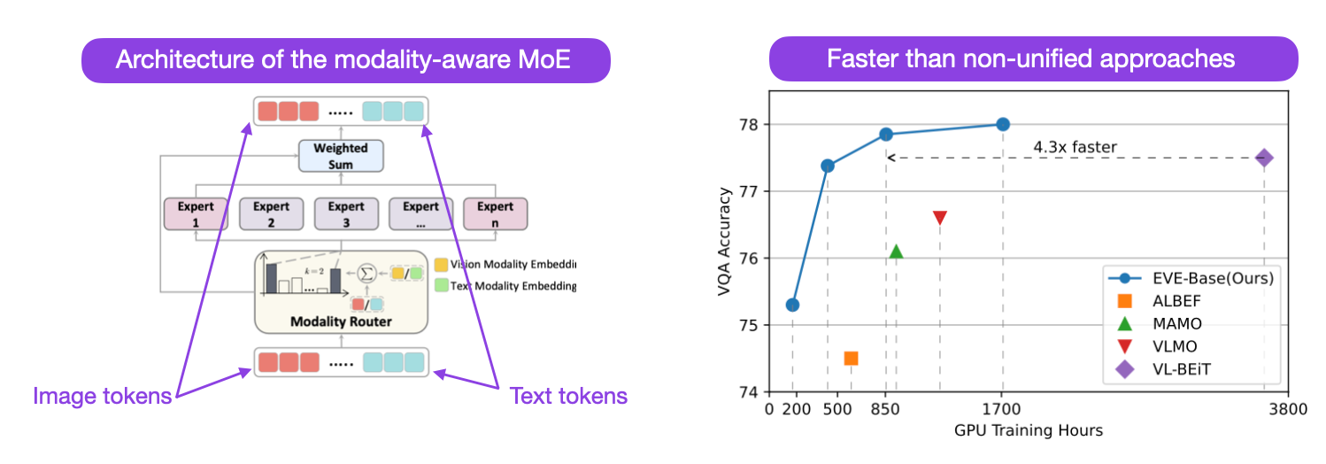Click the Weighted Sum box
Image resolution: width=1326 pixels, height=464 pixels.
click(x=341, y=156)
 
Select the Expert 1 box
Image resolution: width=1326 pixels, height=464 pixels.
click(x=196, y=213)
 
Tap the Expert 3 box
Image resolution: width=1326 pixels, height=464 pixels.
click(x=345, y=213)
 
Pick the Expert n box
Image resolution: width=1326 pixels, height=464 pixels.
click(x=495, y=213)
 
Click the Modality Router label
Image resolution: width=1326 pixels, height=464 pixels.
click(x=341, y=321)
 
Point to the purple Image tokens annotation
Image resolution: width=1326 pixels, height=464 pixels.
click(x=102, y=396)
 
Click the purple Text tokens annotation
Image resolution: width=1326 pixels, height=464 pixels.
click(x=569, y=396)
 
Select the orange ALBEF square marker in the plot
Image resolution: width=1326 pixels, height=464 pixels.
click(x=851, y=358)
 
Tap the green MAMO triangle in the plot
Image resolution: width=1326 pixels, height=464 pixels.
click(x=896, y=252)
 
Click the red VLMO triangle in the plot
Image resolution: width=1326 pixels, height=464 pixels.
click(x=940, y=218)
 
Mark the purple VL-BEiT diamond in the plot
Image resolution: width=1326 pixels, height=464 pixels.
click(x=1264, y=158)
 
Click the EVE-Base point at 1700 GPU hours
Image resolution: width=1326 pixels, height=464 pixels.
click(x=1002, y=124)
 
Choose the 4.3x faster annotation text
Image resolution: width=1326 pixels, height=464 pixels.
click(x=1076, y=147)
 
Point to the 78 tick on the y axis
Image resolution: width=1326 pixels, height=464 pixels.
click(x=752, y=124)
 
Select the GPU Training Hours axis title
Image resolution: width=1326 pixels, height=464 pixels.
click(x=1029, y=430)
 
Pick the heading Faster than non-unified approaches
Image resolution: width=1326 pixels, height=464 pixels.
click(x=1030, y=59)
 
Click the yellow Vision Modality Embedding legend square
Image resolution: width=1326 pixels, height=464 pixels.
click(x=441, y=264)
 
